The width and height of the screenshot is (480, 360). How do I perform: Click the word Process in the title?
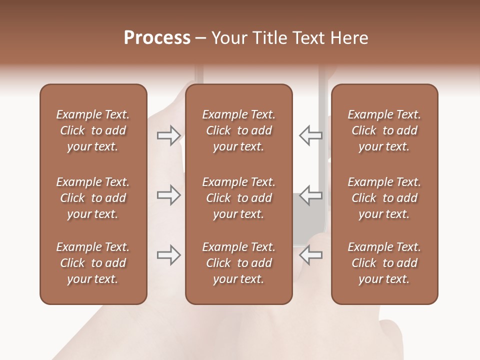[157, 38]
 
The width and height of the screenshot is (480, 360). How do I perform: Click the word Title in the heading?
[266, 38]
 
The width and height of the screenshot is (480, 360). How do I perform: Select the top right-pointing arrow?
[168, 135]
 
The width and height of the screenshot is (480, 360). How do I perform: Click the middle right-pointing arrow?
[168, 195]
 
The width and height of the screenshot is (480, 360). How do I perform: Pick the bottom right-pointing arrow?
[168, 255]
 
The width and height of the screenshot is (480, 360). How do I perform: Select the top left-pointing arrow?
[310, 135]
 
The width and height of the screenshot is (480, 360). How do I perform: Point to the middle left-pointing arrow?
[310, 195]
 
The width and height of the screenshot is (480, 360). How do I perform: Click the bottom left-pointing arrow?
[310, 255]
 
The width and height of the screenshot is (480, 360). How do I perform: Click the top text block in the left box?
[93, 130]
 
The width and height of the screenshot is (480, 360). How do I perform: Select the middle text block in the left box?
[93, 198]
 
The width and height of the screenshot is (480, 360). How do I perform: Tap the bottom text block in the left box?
[93, 263]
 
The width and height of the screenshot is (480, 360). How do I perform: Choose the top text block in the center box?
[239, 130]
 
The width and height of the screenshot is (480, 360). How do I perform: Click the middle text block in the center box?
[239, 198]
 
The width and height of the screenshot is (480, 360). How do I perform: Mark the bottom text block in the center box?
[239, 263]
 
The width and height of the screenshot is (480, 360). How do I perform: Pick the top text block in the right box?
[384, 130]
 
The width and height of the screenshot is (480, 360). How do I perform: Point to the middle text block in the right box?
[384, 198]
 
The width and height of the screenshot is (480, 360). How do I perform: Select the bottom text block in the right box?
[384, 263]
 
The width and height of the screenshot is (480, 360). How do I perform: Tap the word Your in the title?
[228, 38]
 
